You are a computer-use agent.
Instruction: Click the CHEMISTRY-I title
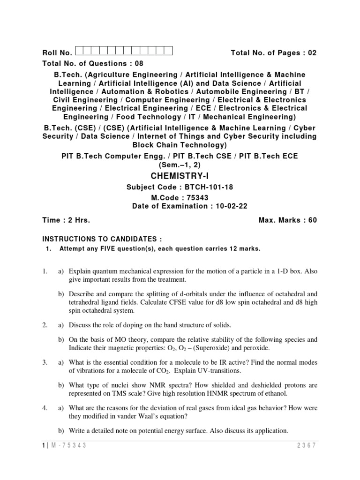[x=180, y=176]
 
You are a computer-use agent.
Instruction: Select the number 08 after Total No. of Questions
[x=139, y=63]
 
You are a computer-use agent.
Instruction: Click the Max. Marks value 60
[x=312, y=220]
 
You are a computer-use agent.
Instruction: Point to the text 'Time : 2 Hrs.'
[x=66, y=220]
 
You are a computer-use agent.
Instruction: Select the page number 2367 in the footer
[x=307, y=446]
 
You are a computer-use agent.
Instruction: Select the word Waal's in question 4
[x=130, y=416]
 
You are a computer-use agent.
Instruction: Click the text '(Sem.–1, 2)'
[x=180, y=165]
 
